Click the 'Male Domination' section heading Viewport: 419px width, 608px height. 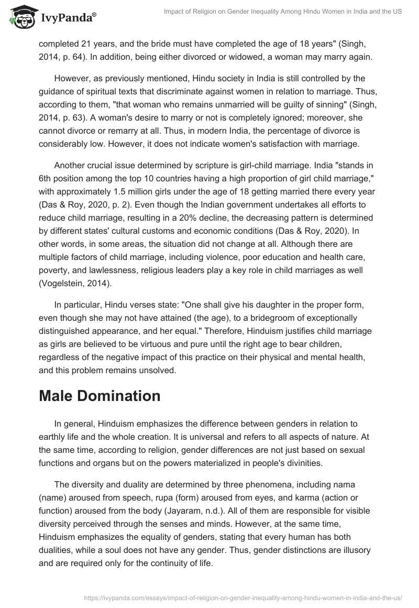[x=100, y=396]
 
